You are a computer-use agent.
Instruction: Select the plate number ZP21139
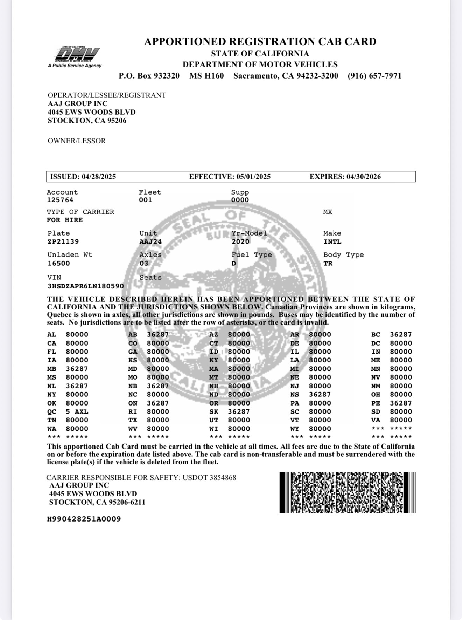pyautogui.click(x=63, y=241)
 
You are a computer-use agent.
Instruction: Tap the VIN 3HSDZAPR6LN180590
pyautogui.click(x=86, y=286)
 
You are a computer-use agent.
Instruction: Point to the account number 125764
pyautogui.click(x=60, y=200)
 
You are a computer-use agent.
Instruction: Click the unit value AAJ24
pyautogui.click(x=150, y=241)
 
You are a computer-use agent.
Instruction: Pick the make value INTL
pyautogui.click(x=332, y=241)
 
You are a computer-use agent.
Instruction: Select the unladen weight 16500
pyautogui.click(x=59, y=263)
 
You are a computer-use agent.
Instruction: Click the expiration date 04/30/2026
pyautogui.click(x=364, y=177)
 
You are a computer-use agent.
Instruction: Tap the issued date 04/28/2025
pyautogui.click(x=99, y=177)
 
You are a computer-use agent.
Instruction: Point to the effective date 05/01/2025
pyautogui.click(x=253, y=177)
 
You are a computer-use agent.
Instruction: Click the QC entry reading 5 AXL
pyautogui.click(x=77, y=411)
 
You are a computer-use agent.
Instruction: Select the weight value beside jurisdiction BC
pyautogui.click(x=401, y=334)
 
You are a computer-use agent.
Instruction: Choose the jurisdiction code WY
pyautogui.click(x=295, y=429)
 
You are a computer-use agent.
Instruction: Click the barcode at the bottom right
pyautogui.click(x=347, y=492)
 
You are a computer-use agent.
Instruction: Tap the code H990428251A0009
pyautogui.click(x=84, y=519)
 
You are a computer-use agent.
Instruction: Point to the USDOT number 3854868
pyautogui.click(x=223, y=477)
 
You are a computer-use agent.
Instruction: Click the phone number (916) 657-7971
pyautogui.click(x=374, y=76)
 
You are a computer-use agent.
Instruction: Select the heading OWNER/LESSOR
pyautogui.click(x=77, y=141)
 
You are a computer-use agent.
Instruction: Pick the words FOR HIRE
pyautogui.click(x=65, y=220)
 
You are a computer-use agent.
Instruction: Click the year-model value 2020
pyautogui.click(x=240, y=241)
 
